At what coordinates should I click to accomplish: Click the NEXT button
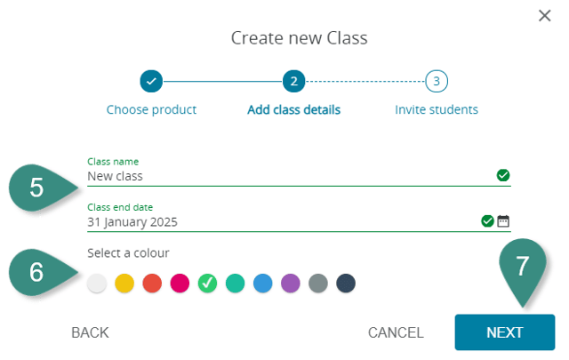(504, 332)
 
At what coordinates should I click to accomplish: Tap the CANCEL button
(396, 332)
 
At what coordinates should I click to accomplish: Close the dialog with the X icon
(545, 15)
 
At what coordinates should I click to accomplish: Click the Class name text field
(284, 176)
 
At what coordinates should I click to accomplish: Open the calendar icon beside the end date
(503, 221)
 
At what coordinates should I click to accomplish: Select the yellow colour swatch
(124, 284)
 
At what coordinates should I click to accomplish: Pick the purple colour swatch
(291, 284)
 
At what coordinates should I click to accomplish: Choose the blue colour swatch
(263, 284)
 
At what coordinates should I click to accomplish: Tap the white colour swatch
(97, 284)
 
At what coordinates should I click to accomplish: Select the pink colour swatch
(180, 284)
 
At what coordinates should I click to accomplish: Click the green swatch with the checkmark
(207, 284)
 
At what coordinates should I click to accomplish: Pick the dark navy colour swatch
(346, 284)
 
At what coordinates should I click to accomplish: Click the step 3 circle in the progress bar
(436, 82)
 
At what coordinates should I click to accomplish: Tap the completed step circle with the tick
(151, 82)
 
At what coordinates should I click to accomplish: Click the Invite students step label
(437, 110)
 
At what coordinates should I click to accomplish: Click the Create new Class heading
(299, 37)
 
